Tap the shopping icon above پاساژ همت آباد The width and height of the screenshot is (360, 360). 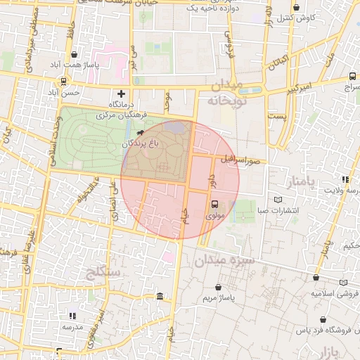point(75,54)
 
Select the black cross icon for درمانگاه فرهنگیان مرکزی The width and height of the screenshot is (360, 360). point(121,93)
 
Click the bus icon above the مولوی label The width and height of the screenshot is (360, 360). point(214,204)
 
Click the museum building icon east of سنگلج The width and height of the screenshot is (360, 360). point(160,296)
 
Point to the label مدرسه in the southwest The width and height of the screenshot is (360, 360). point(72,328)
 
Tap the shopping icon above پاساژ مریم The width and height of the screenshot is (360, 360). point(219,287)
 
